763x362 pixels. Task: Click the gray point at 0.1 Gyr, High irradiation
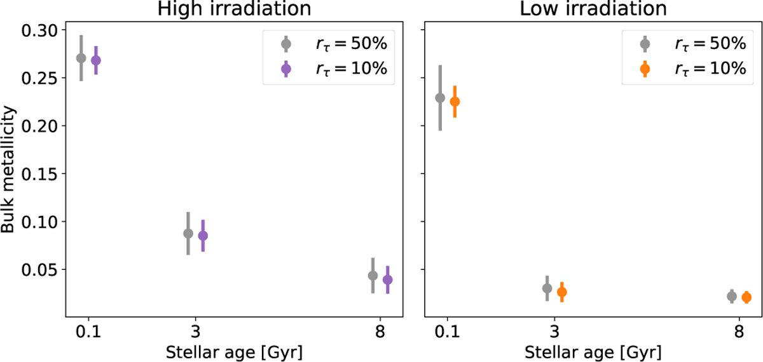coord(81,58)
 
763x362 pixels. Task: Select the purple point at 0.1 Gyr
coord(96,60)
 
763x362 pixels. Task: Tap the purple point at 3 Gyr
coord(203,236)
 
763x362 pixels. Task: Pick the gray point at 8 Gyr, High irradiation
coord(373,276)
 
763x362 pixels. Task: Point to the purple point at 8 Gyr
coord(388,279)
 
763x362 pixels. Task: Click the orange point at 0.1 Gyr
coord(455,101)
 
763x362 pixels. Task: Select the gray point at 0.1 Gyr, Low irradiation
coord(440,98)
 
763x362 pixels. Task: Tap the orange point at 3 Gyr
coord(561,292)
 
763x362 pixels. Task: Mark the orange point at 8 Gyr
coord(746,297)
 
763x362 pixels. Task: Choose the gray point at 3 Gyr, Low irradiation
coord(547,288)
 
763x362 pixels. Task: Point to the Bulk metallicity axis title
coord(9,173)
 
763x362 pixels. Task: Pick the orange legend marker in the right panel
coord(645,69)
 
